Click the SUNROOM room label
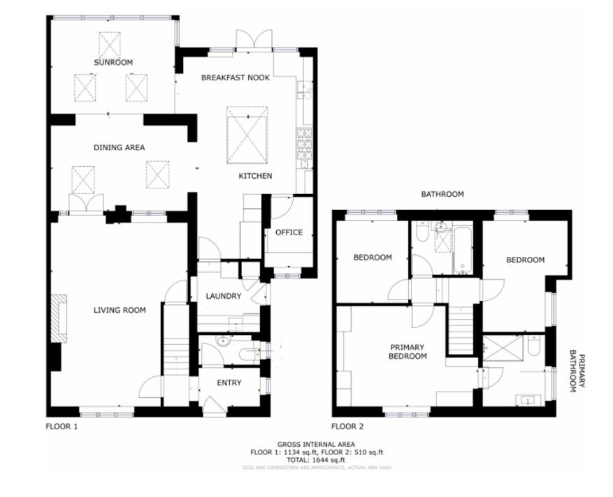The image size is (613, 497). pyautogui.click(x=113, y=63)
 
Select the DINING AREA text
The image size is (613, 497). pyautogui.click(x=119, y=147)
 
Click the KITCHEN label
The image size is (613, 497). pyautogui.click(x=255, y=176)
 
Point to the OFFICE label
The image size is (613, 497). pyautogui.click(x=288, y=232)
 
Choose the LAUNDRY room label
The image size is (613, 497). pyautogui.click(x=223, y=296)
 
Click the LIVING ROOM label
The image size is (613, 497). pyautogui.click(x=120, y=310)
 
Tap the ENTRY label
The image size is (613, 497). pyautogui.click(x=229, y=383)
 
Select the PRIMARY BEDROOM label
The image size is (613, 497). pyautogui.click(x=408, y=351)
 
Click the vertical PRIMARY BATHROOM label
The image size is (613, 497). pyautogui.click(x=577, y=371)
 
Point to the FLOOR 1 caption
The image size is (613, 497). pyautogui.click(x=62, y=426)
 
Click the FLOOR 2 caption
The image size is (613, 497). pyautogui.click(x=347, y=426)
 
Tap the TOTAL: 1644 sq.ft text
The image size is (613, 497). pyautogui.click(x=317, y=460)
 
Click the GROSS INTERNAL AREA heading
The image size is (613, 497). pyautogui.click(x=316, y=445)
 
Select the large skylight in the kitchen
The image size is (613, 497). pyautogui.click(x=246, y=135)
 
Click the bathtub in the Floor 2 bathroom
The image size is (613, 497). pyautogui.click(x=462, y=248)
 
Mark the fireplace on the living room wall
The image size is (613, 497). pyautogui.click(x=59, y=318)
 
